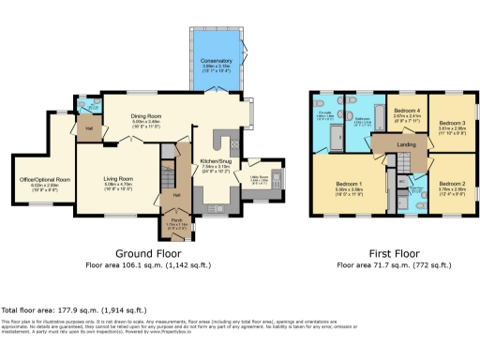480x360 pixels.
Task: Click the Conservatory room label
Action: click(217, 62)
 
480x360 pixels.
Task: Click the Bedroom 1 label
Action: click(336, 185)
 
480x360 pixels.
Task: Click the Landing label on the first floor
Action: click(406, 143)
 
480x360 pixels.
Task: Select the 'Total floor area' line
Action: click(66, 309)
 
